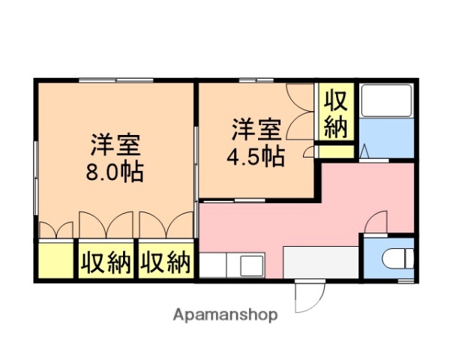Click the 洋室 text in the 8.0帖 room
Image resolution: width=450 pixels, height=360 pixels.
(x=117, y=143)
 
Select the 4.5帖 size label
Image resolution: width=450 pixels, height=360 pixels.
(x=256, y=157)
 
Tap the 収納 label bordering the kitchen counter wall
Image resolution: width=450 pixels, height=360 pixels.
(x=166, y=262)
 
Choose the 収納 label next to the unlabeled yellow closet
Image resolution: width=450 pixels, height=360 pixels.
(x=106, y=262)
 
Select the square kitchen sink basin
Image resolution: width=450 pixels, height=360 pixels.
(x=250, y=265)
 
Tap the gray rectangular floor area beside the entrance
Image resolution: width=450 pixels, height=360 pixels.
(x=322, y=262)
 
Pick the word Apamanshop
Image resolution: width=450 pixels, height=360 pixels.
(x=226, y=315)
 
